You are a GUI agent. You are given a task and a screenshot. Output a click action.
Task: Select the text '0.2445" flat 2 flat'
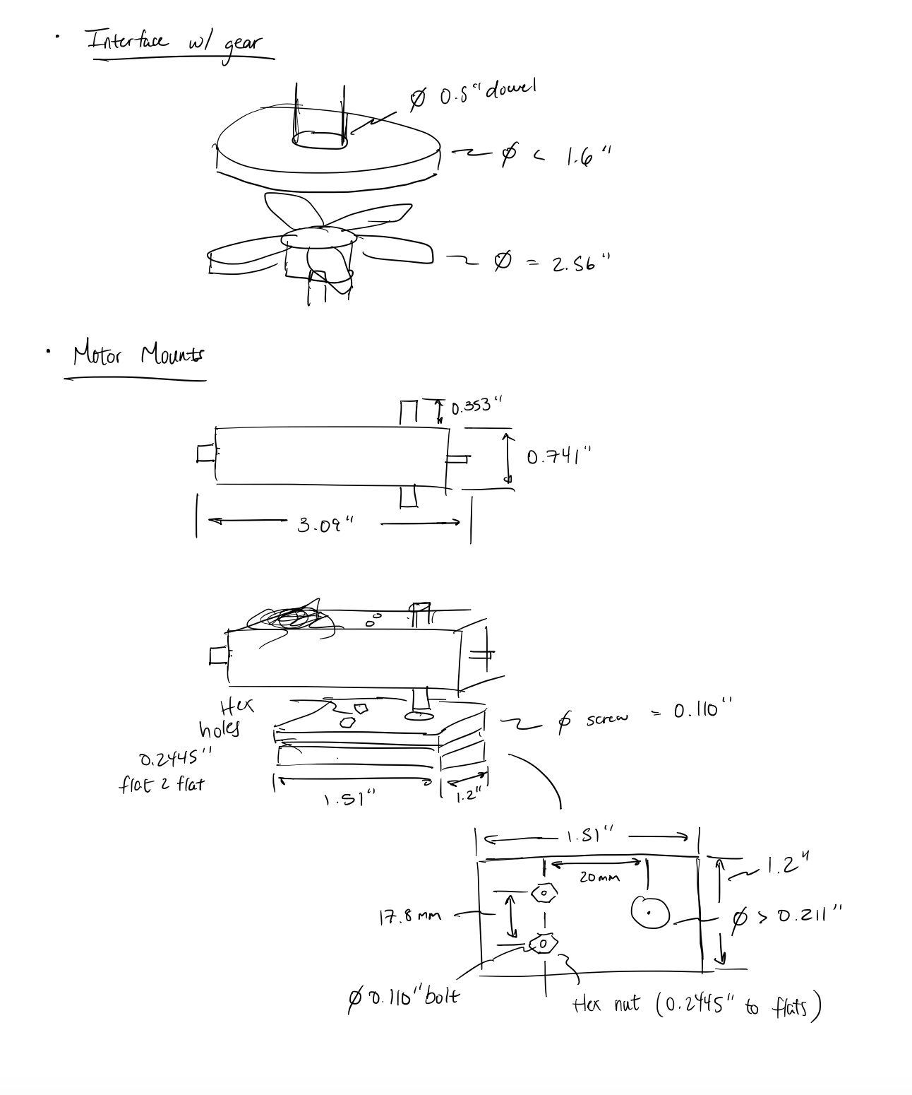(167, 771)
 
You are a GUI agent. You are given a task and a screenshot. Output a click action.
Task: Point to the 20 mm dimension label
(599, 877)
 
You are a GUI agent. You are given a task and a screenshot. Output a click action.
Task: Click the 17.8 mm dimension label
(409, 917)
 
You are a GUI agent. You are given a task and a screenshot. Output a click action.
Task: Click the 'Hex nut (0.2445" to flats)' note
(696, 1005)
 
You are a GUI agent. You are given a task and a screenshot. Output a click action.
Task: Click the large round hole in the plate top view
(649, 912)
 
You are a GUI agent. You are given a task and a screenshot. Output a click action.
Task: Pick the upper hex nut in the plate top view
(544, 893)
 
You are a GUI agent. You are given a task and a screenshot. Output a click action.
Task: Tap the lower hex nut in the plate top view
(543, 944)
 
